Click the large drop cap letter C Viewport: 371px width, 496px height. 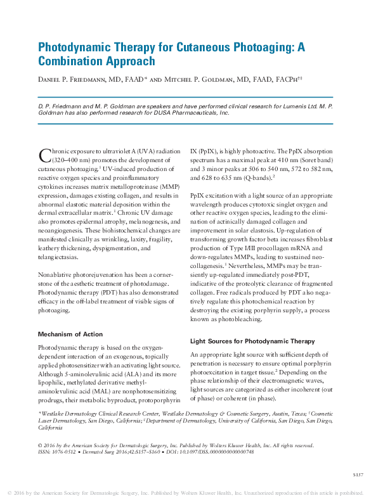(44, 155)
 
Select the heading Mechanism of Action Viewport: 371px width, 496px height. (70, 334)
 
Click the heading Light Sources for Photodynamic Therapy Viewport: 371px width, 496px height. (252, 341)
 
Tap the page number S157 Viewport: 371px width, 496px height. (357, 474)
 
